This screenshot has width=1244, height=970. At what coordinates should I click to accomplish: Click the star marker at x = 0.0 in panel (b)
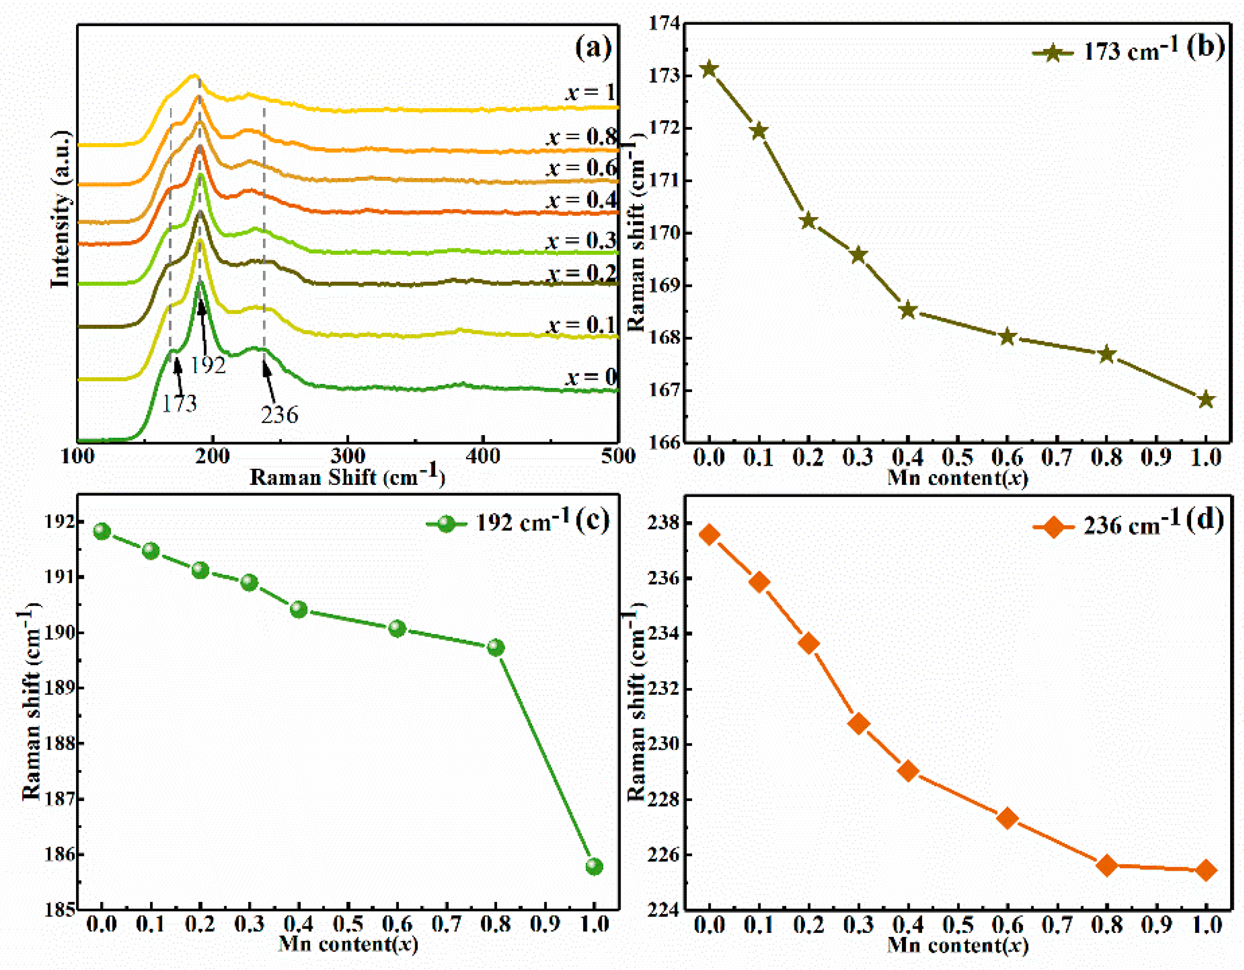pos(709,70)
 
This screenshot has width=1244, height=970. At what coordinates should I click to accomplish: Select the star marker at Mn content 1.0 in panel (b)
pos(1206,400)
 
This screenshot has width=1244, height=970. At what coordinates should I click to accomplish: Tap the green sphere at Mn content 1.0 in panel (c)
pos(594,867)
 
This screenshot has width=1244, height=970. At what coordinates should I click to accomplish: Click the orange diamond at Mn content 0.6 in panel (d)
pos(1007,818)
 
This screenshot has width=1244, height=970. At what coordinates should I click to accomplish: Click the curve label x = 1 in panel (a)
pos(590,92)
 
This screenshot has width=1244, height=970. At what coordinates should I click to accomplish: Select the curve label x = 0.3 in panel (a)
pos(582,241)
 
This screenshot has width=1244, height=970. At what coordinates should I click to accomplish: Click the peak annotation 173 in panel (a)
pos(179,404)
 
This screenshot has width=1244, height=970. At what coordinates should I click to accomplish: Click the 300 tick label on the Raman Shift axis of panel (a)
pos(348,456)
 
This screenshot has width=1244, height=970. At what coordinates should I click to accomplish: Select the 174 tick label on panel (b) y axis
pos(664,23)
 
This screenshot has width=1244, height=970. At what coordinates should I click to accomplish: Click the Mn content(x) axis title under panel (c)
pos(348,944)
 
